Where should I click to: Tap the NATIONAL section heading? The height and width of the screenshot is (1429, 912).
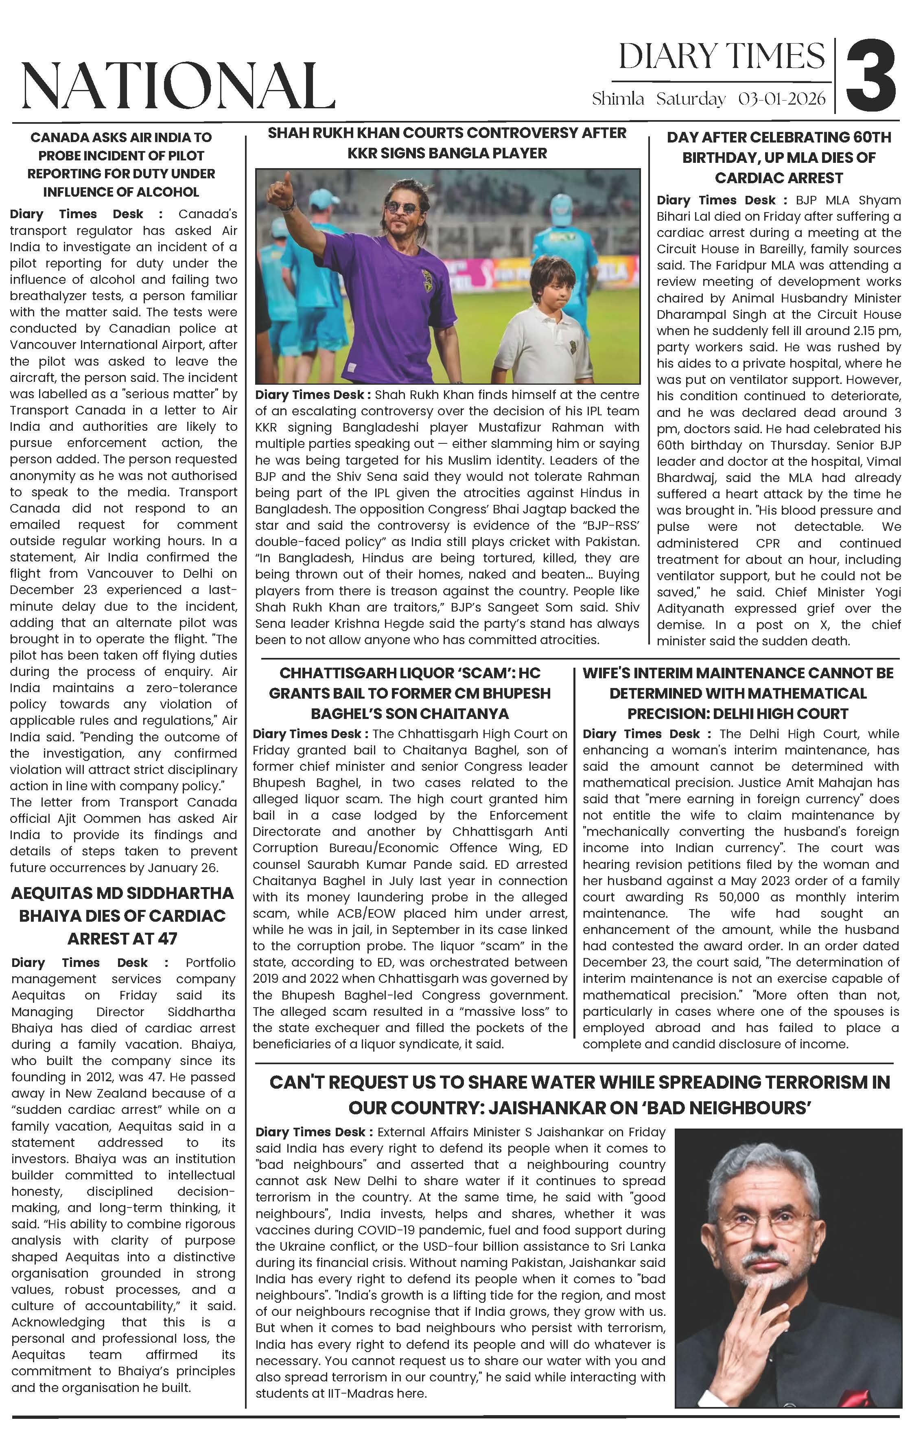pyautogui.click(x=178, y=86)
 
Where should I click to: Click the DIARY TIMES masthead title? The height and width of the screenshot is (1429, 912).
pyautogui.click(x=722, y=57)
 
